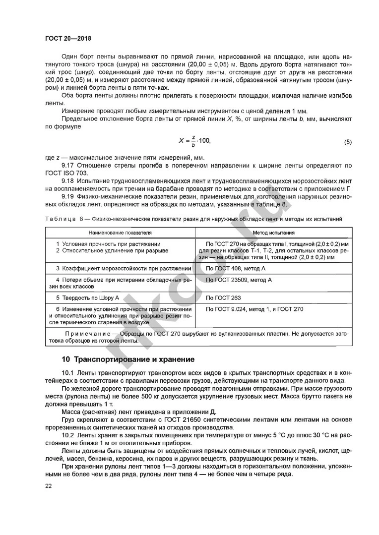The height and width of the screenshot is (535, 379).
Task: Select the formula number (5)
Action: [347, 142]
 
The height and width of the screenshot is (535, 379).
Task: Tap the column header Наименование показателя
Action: [121, 232]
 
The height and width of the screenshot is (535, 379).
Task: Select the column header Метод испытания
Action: [274, 232]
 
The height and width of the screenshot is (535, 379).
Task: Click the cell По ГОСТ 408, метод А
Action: [236, 268]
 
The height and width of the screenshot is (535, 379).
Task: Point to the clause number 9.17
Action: [68, 165]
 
